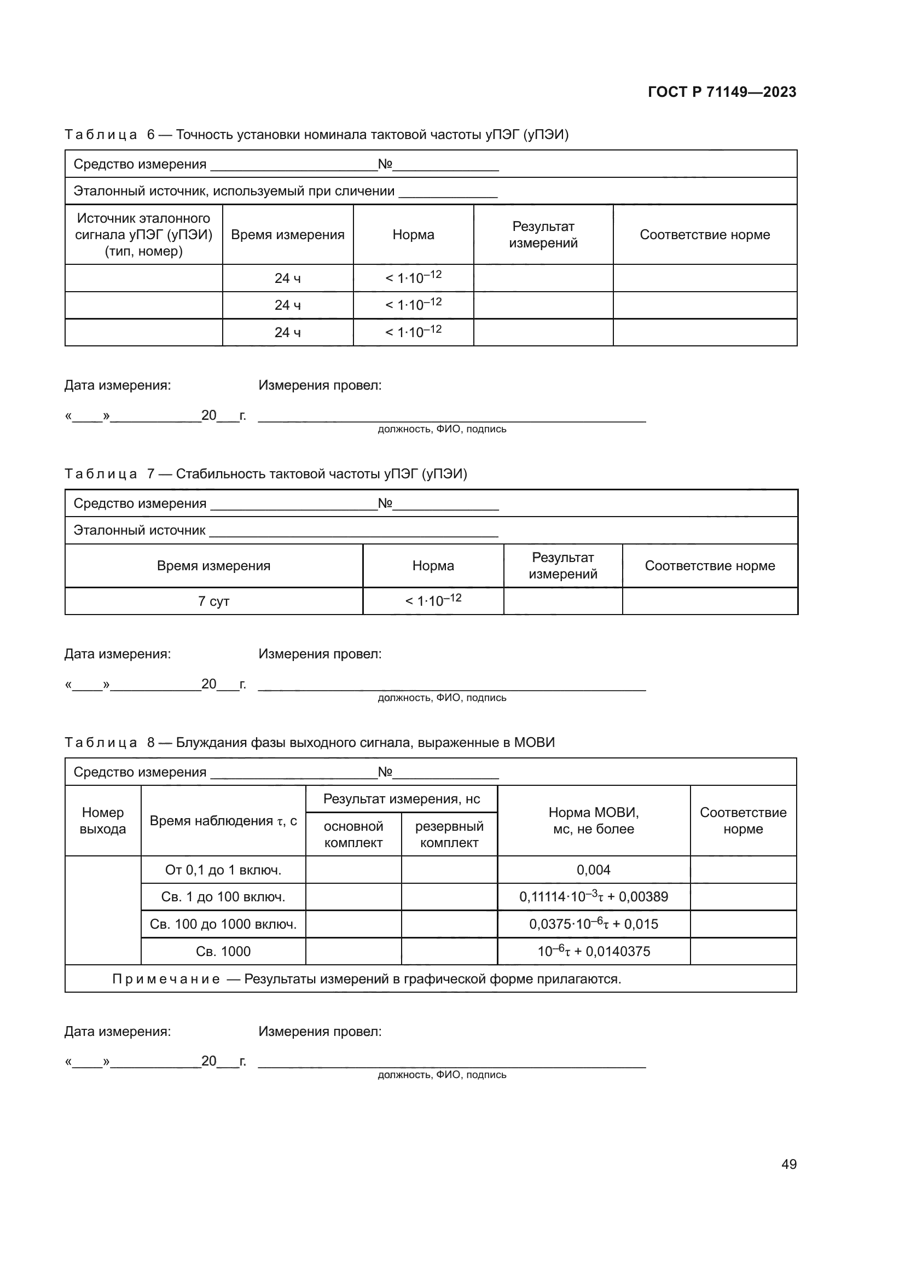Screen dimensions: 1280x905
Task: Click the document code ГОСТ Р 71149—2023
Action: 722,92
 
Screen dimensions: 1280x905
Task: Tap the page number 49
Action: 788,1164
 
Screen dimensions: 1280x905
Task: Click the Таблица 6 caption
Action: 316,135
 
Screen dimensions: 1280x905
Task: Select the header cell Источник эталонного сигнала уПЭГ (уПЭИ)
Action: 144,235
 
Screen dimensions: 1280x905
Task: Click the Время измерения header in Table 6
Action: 288,235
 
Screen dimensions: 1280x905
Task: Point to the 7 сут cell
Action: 213,601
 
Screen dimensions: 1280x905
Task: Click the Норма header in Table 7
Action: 433,566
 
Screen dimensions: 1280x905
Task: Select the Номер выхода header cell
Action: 102,821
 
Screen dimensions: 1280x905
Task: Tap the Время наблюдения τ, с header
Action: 223,821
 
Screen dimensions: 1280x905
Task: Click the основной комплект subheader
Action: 353,834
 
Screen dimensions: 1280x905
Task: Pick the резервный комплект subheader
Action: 449,834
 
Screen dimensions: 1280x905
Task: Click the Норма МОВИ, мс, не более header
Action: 594,821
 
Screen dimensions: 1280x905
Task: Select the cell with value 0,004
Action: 594,870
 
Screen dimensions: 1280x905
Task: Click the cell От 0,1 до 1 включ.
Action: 223,870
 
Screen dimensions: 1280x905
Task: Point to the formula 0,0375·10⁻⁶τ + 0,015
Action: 594,924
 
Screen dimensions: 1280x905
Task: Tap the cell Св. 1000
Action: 223,951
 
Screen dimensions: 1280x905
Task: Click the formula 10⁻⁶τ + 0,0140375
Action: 594,951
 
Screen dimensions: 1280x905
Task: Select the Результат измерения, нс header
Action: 401,799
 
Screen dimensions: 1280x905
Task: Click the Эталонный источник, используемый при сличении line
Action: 234,191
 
